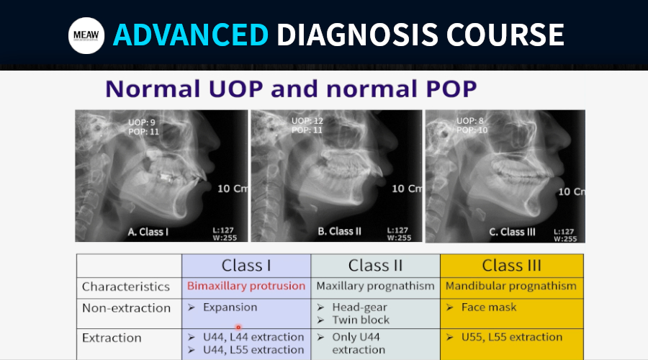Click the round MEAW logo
click(86, 35)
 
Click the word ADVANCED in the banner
click(191, 35)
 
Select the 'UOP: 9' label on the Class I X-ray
click(142, 122)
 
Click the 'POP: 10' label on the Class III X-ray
click(472, 130)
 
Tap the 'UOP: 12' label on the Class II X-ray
click(307, 121)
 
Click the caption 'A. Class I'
click(148, 232)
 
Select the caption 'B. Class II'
click(339, 231)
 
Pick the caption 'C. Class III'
click(512, 232)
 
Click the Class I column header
click(246, 266)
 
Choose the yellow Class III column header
click(512, 266)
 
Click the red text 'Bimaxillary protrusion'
click(246, 286)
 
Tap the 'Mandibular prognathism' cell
click(510, 286)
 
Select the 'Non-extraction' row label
click(126, 308)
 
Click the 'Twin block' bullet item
click(354, 320)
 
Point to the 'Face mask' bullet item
click(482, 307)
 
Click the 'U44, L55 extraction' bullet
click(246, 350)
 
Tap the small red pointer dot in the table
click(238, 328)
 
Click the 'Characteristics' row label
click(125, 287)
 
